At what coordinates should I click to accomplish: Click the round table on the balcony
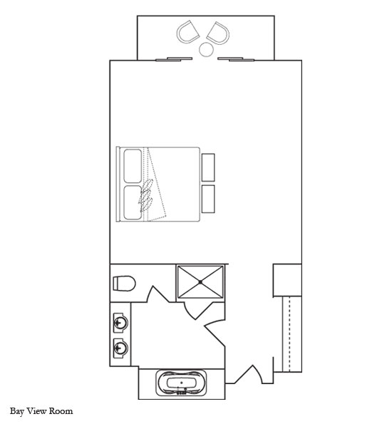coord(206,49)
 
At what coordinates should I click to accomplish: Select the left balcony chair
coord(187,31)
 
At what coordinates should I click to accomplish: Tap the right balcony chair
coord(218,33)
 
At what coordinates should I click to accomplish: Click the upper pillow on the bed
coord(133,166)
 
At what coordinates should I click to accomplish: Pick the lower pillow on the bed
coord(133,202)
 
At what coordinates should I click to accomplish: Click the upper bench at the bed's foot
coord(208,167)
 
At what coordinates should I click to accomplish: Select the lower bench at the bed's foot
coord(208,199)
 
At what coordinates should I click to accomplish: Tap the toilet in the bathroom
coord(124,284)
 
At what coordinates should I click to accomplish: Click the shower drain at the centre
coord(200,282)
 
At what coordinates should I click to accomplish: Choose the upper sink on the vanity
coord(120,322)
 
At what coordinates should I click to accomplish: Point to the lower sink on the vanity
coord(120,348)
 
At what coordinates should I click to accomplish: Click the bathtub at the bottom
coord(181,383)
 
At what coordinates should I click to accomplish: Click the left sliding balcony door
coord(174,58)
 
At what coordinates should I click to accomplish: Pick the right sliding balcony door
coord(236,58)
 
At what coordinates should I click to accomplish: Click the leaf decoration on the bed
coord(145,195)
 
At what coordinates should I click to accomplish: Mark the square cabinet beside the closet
coord(287,280)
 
